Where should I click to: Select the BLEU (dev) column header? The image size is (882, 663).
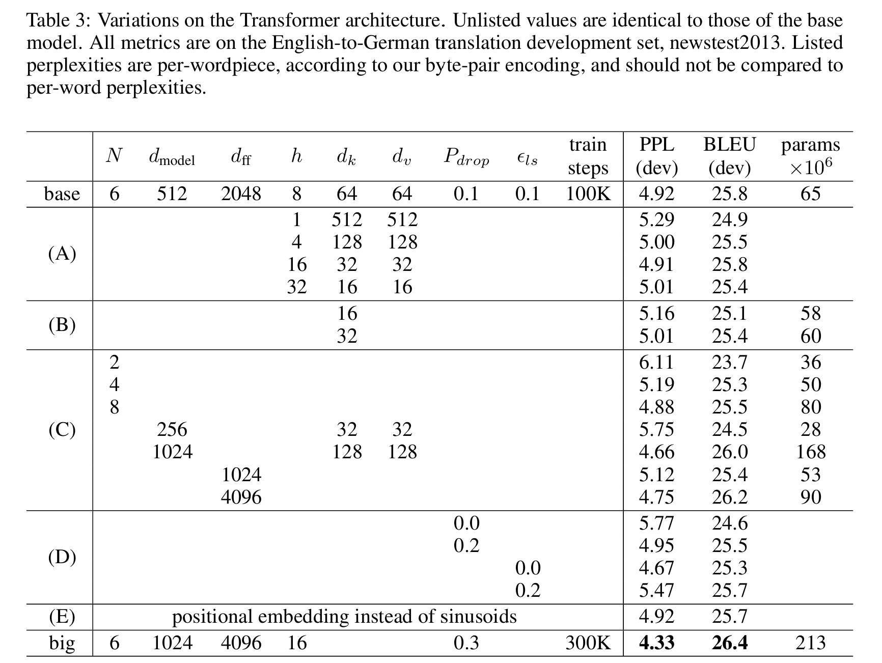pyautogui.click(x=729, y=156)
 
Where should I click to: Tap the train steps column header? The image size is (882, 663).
pyautogui.click(x=588, y=156)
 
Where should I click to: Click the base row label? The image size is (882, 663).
pyautogui.click(x=62, y=194)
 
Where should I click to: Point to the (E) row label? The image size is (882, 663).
pyautogui.click(x=62, y=617)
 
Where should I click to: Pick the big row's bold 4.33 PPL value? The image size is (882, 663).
pyautogui.click(x=656, y=643)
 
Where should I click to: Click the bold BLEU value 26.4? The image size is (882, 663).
pyautogui.click(x=729, y=643)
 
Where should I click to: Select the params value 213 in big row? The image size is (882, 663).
pyautogui.click(x=810, y=643)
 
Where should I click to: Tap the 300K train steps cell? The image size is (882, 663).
pyautogui.click(x=588, y=643)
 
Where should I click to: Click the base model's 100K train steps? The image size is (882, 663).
pyautogui.click(x=588, y=194)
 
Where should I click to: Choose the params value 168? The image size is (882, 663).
pyautogui.click(x=811, y=452)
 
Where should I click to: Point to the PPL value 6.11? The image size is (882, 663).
pyautogui.click(x=656, y=362)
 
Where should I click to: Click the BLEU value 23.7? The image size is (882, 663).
pyautogui.click(x=729, y=362)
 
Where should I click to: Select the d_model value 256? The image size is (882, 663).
pyautogui.click(x=172, y=430)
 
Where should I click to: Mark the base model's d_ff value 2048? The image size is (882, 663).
pyautogui.click(x=241, y=194)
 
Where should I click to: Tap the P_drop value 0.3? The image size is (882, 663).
pyautogui.click(x=466, y=643)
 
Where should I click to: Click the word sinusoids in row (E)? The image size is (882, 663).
pyautogui.click(x=480, y=617)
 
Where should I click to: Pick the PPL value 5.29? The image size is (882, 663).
pyautogui.click(x=656, y=219)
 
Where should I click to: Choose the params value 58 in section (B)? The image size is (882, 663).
pyautogui.click(x=811, y=313)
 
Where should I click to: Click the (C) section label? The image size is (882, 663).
pyautogui.click(x=62, y=430)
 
